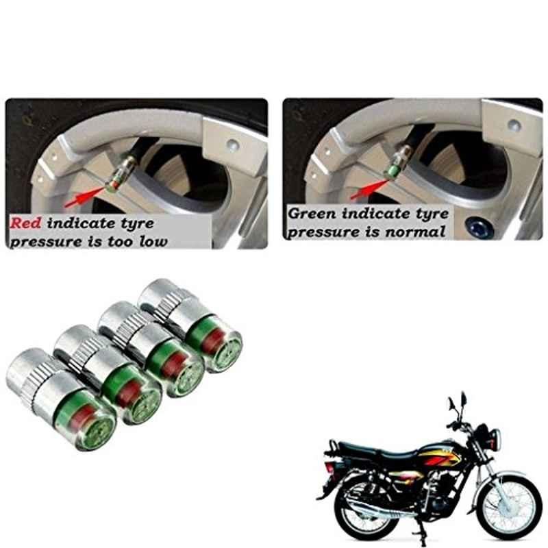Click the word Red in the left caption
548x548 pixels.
click(25, 223)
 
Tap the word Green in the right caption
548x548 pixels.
click(312, 213)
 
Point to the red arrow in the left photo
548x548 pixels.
click(85, 197)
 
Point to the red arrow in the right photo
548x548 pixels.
click(369, 190)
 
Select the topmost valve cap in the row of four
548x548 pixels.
click(190, 326)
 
